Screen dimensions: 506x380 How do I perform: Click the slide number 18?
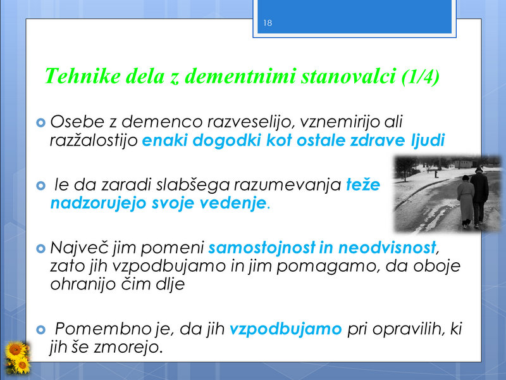pyautogui.click(x=268, y=23)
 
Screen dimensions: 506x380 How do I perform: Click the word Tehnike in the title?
pyautogui.click(x=82, y=76)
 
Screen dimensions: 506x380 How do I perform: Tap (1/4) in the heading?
pyautogui.click(x=421, y=77)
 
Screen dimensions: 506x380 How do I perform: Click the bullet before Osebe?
pyautogui.click(x=40, y=122)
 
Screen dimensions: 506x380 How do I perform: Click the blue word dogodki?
pyautogui.click(x=227, y=141)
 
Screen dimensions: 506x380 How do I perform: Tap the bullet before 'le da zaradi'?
pyautogui.click(x=40, y=186)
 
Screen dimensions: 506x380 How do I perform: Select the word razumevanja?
pyautogui.click(x=288, y=185)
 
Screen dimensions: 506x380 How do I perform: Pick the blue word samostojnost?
pyautogui.click(x=262, y=248)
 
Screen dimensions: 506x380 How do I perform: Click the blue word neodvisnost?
pyautogui.click(x=387, y=248)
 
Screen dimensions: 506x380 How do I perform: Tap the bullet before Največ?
pyautogui.click(x=40, y=248)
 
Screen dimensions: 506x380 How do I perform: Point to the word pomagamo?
pyautogui.click(x=328, y=267)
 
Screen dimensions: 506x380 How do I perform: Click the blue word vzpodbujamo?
pyautogui.click(x=286, y=329)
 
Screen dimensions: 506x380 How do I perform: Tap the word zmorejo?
pyautogui.click(x=128, y=348)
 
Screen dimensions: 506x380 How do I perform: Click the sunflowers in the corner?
pyautogui.click(x=17, y=357)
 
